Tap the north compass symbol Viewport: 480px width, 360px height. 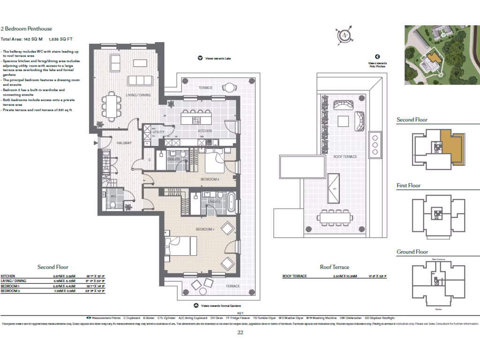(x=345, y=35)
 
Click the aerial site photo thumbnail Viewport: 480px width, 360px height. (x=442, y=55)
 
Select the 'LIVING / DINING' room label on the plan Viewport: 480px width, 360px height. (x=138, y=95)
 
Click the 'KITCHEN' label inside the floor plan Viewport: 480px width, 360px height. (x=205, y=131)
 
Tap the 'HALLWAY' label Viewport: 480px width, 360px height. (x=124, y=143)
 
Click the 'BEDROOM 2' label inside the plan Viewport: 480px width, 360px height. (x=210, y=179)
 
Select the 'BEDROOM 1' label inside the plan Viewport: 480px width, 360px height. (x=204, y=230)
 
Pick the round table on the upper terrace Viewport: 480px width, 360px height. (x=229, y=87)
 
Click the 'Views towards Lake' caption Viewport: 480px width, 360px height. (x=218, y=59)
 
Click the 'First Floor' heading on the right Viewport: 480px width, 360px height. (x=408, y=186)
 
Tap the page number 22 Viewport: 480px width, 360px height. (x=240, y=332)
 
